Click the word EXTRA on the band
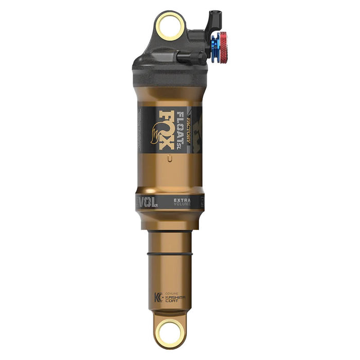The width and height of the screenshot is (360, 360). point(182,199)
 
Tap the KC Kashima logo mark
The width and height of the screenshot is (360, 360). point(157,297)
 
